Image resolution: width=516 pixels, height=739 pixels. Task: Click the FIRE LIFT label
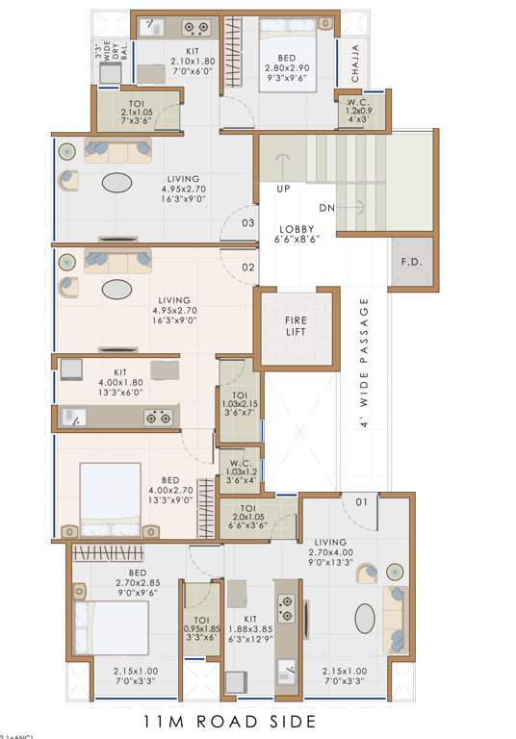tap(295, 326)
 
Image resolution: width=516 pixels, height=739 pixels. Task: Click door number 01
tap(362, 501)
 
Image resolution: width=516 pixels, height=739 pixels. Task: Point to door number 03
tap(247, 223)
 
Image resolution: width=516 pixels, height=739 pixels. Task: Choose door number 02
tap(247, 268)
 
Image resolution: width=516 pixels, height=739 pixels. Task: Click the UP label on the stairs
tap(284, 190)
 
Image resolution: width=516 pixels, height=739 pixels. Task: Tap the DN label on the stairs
tap(327, 207)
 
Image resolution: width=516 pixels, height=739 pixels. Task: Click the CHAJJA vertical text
tap(355, 64)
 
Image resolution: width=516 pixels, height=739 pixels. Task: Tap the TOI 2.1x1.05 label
tap(136, 111)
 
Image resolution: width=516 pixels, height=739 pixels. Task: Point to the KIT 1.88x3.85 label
tap(249, 628)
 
